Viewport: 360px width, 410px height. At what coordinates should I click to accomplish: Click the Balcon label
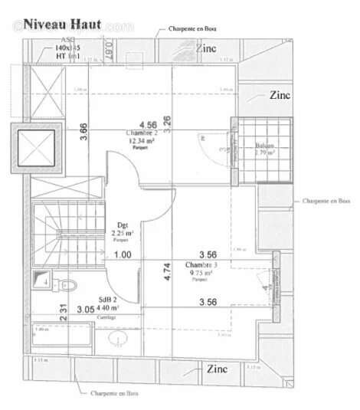coord(265,144)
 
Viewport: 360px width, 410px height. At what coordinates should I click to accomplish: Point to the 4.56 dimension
coord(147,123)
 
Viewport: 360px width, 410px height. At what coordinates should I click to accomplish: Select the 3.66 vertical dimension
coord(83,131)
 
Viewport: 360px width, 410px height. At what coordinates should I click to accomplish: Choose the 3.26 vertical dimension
coord(167,122)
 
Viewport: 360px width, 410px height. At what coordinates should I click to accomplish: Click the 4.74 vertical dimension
coord(167,273)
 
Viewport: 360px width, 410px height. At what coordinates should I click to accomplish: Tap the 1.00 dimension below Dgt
coord(122,254)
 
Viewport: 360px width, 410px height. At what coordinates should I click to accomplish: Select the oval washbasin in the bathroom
coord(118,337)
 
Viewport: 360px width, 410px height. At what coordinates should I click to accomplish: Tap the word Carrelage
coord(106,317)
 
